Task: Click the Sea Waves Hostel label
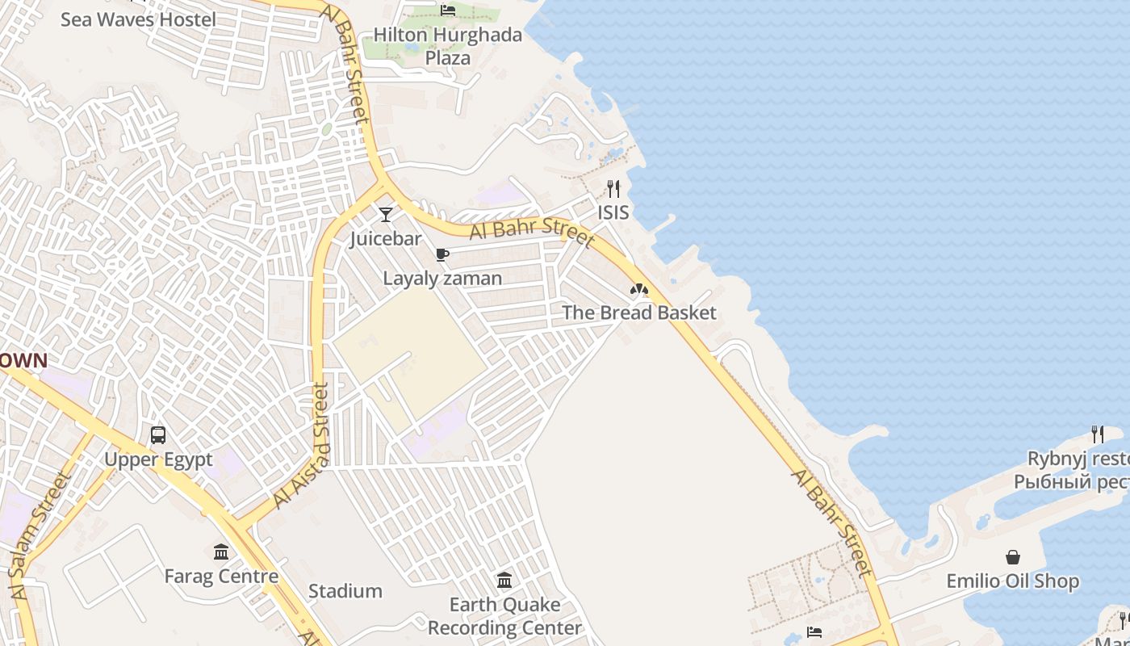[138, 19]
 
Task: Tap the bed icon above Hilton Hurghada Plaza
[448, 10]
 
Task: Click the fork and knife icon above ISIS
[613, 189]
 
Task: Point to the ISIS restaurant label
[613, 212]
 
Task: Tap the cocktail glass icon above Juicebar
[386, 215]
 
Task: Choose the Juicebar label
[386, 239]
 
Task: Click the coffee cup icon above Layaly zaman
[442, 255]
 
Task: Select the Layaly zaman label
[442, 279]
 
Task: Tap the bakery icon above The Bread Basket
[639, 289]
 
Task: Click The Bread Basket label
[639, 313]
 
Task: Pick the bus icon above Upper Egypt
[158, 435]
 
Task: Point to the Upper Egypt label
[158, 459]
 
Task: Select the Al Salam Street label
[39, 534]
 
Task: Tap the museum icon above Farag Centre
[221, 552]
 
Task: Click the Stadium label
[345, 591]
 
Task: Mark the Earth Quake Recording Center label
[504, 616]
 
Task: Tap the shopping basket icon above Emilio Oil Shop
[1013, 557]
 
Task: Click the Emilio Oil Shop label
[1013, 581]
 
